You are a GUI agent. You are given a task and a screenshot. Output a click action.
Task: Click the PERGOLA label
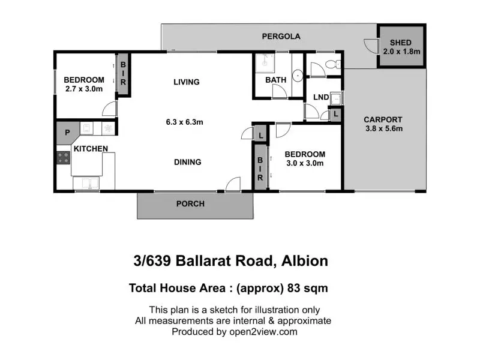point(281,37)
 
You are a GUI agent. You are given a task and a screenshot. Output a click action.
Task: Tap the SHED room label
point(400,43)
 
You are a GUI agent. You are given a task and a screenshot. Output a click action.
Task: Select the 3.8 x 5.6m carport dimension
point(384,128)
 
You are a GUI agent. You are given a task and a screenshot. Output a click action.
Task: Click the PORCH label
point(190,204)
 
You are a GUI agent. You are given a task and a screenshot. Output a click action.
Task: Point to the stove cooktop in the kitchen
point(63,158)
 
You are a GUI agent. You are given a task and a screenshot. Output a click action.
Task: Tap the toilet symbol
point(333,64)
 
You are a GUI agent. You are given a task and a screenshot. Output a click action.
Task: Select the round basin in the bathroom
point(297,76)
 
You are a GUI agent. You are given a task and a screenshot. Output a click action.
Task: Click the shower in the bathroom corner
point(265,63)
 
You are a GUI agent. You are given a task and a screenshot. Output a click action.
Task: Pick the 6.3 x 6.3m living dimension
point(185,122)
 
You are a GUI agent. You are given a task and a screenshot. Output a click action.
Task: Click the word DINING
point(188,162)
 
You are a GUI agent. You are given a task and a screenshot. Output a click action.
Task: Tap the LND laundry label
point(321,97)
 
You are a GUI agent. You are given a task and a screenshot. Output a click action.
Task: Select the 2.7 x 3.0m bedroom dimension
point(84,89)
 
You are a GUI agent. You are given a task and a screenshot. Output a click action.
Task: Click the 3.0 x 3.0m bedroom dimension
point(305,163)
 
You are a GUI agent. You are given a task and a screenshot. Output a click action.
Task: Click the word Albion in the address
point(305,261)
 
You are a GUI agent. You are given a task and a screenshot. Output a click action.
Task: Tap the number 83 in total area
point(294,289)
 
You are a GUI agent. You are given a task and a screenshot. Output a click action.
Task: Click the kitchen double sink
point(86,184)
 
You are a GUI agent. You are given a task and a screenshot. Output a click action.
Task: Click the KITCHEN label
point(91,149)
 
